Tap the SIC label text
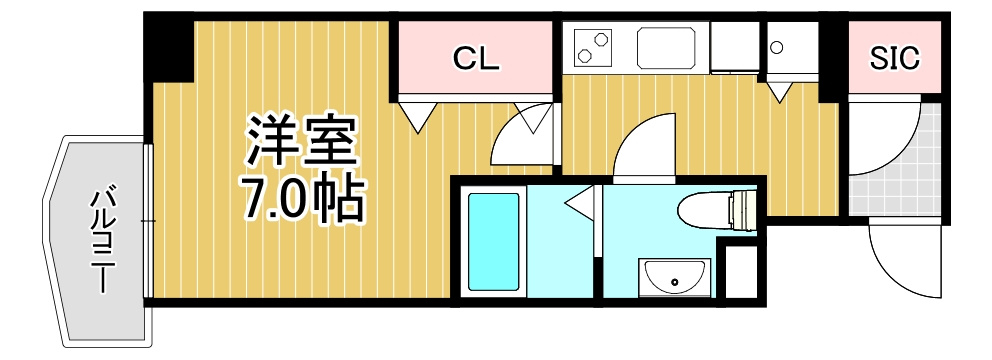[895, 58]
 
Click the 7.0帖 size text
[303, 199]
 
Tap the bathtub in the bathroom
[493, 241]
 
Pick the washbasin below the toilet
[674, 276]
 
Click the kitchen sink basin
[666, 47]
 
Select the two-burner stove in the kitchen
[593, 47]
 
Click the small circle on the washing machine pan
[777, 47]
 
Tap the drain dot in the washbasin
[674, 282]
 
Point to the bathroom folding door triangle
[581, 202]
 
